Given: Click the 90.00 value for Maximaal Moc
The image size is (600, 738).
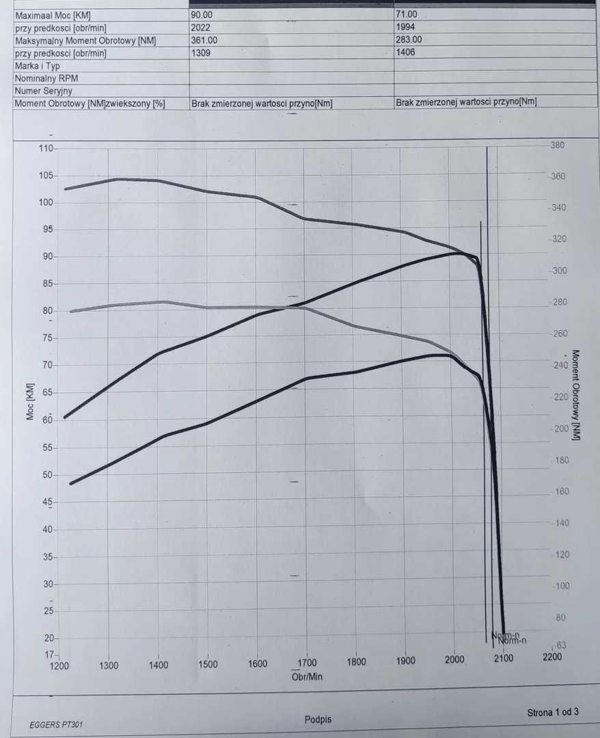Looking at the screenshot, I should pos(203,14).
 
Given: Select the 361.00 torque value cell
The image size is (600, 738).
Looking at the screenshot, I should pos(206,40).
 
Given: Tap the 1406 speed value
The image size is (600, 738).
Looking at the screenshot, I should pos(405,52).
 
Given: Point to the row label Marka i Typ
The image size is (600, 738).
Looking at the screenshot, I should pos(38,66).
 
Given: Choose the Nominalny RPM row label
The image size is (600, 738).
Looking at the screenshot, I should pos(46,79).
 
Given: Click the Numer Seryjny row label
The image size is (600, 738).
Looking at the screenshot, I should pos(44,91).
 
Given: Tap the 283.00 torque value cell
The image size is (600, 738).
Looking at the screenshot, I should pos(409,40).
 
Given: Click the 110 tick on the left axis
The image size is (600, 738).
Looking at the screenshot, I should pos(46,149).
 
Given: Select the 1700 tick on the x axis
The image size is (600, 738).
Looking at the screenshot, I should pos(307,663).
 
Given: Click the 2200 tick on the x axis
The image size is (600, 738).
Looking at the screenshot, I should pos(551,657).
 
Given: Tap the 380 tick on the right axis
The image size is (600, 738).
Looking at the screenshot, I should pos(558,145).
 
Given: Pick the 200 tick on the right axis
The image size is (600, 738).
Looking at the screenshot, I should pos(560,429).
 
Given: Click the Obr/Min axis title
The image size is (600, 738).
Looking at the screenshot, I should pos(307,676).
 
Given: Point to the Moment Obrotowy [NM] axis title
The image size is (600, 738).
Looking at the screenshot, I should pos(575,395).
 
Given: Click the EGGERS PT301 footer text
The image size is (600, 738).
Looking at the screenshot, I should pos(58,724).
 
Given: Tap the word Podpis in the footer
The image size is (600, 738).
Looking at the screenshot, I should pos(318,720).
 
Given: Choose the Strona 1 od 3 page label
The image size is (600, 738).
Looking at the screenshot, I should pos(553,712).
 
